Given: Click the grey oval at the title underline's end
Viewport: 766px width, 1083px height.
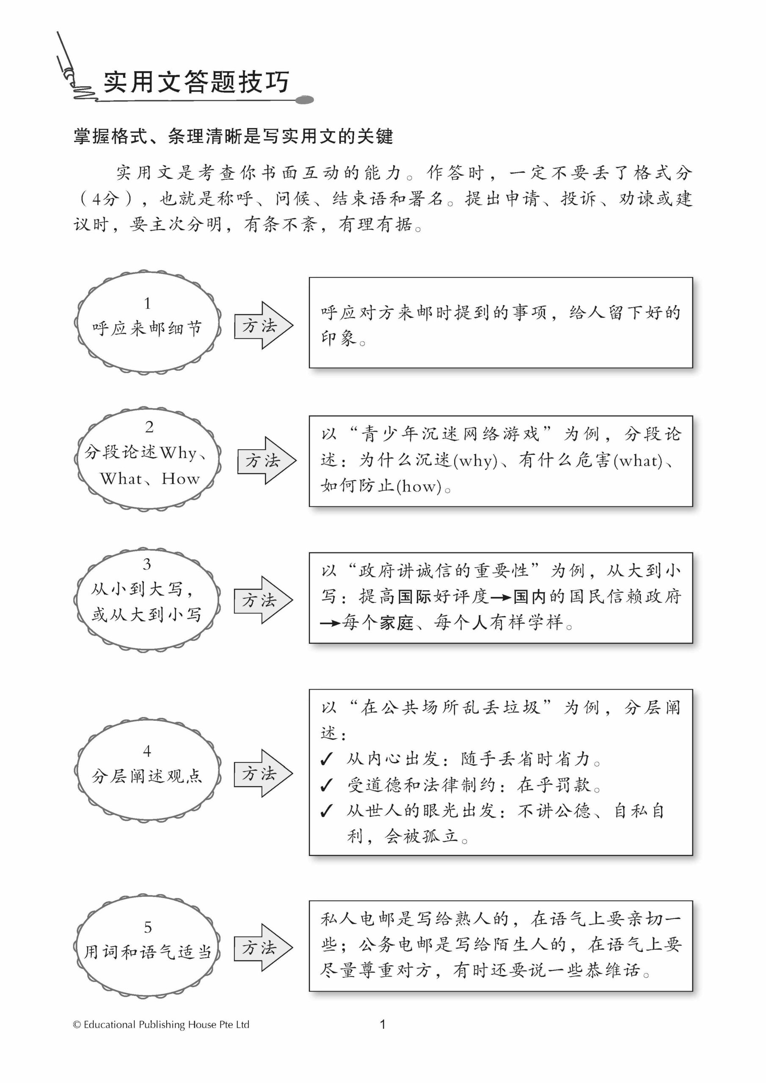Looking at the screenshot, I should (x=304, y=100).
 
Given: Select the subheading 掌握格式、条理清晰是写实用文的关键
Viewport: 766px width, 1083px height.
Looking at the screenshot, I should (x=233, y=137).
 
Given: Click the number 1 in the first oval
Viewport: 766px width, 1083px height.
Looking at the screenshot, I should (x=147, y=303).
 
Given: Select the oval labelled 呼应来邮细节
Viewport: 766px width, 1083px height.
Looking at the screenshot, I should (x=147, y=324).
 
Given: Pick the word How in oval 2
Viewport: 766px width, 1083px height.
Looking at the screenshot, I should (x=180, y=479).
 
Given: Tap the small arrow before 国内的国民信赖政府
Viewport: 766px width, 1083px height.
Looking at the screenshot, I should (x=501, y=598).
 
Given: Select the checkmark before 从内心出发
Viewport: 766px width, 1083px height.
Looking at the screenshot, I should (x=326, y=759).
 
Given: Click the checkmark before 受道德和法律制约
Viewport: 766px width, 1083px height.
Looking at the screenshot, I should (x=326, y=785).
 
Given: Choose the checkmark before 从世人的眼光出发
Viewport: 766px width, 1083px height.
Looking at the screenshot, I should (x=326, y=811).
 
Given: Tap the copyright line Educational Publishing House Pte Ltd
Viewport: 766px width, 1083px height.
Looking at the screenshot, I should (x=161, y=1025).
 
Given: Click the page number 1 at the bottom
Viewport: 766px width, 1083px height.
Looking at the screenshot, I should (x=383, y=1024).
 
